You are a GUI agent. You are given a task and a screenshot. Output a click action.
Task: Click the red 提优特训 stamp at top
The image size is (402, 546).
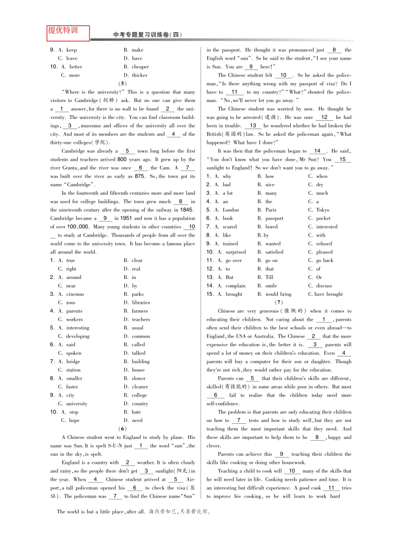pos(68,32)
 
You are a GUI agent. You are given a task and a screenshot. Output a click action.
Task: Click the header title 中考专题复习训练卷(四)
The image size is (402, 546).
pos(148,35)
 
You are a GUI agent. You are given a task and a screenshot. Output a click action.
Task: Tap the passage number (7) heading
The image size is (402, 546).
pos(278,303)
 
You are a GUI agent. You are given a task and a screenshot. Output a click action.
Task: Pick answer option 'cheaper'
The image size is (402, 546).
pos(140,67)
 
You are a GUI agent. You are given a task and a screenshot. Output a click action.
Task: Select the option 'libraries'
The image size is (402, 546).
pos(140,303)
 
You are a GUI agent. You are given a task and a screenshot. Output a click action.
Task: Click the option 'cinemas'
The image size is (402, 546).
pos(75,294)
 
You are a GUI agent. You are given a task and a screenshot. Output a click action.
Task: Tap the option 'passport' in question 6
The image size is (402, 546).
pos(274,218)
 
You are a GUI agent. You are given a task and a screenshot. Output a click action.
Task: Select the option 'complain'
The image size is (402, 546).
pos(235,286)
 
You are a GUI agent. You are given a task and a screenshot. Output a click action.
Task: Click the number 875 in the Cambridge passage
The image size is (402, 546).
pos(140,176)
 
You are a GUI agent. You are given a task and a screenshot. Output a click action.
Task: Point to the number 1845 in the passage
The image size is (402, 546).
pos(187,210)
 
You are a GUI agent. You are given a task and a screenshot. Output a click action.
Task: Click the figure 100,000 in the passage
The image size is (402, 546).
pos(78,227)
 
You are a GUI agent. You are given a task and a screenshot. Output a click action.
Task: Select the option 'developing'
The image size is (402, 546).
pos(77,336)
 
